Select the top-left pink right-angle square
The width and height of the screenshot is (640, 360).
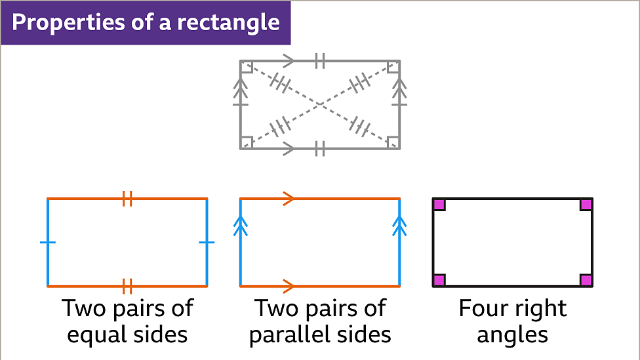pyautogui.click(x=439, y=205)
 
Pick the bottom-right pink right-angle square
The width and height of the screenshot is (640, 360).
pyautogui.click(x=586, y=280)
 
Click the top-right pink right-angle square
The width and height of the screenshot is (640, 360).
pyautogui.click(x=586, y=205)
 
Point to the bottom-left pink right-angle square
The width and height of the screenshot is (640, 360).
pyautogui.click(x=439, y=280)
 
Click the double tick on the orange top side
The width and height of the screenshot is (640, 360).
pyautogui.click(x=127, y=198)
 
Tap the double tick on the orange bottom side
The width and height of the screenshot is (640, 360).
pyautogui.click(x=127, y=286)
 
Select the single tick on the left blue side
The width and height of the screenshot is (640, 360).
pyautogui.click(x=48, y=243)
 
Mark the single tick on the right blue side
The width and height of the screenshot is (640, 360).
pyautogui.click(x=207, y=243)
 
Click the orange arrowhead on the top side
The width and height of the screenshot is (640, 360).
pyautogui.click(x=288, y=198)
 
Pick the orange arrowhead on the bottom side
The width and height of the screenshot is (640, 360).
pyautogui.click(x=288, y=286)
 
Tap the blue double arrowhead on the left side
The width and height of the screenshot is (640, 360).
pyautogui.click(x=241, y=226)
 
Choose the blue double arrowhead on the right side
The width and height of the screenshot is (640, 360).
pyautogui.click(x=399, y=226)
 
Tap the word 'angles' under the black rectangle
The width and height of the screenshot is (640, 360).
pyautogui.click(x=512, y=335)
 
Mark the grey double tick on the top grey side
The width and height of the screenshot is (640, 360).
pyautogui.click(x=319, y=61)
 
